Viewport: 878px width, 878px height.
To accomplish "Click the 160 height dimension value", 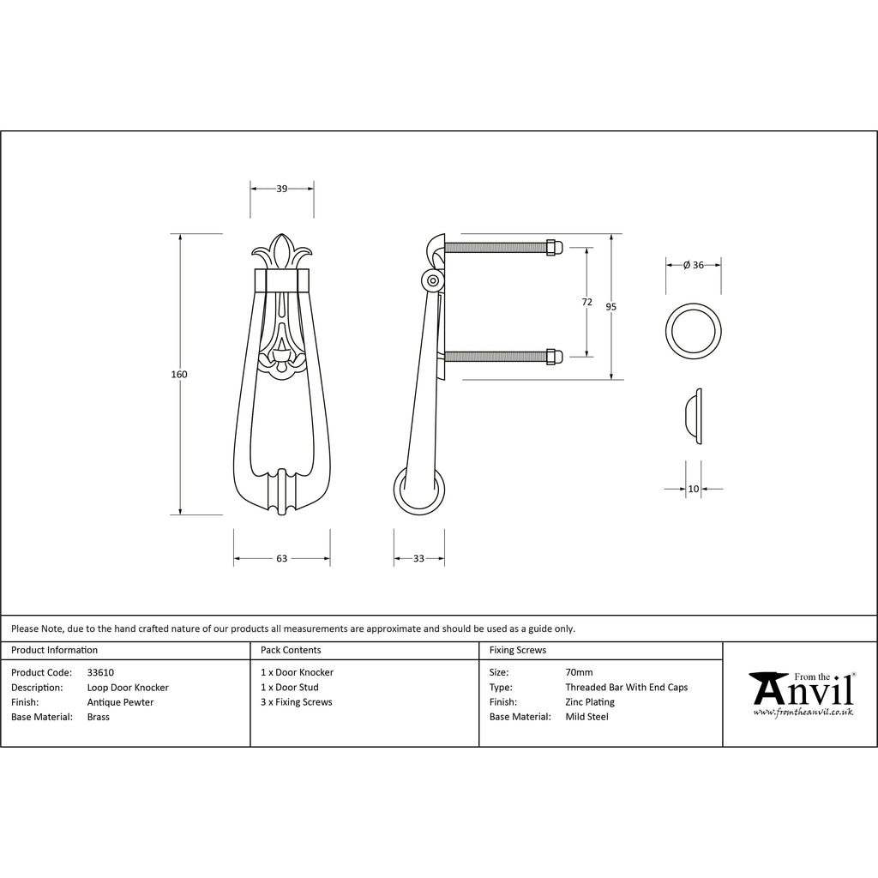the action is coord(179,374).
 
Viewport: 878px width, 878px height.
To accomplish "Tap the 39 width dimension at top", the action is coord(281,189).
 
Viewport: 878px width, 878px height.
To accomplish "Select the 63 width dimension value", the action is coord(281,558).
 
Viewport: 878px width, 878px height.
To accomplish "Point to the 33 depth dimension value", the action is coord(418,558).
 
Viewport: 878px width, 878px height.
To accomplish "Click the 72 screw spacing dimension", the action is coord(586,302).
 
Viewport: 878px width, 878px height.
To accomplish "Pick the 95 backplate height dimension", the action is coord(610,307).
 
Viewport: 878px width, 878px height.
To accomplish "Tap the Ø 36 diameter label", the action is coord(693,265).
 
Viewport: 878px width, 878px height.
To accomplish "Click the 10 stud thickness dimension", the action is coord(693,489).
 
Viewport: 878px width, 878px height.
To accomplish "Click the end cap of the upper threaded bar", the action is coord(554,248).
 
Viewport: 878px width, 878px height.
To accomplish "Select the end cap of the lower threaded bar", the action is coord(554,357).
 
